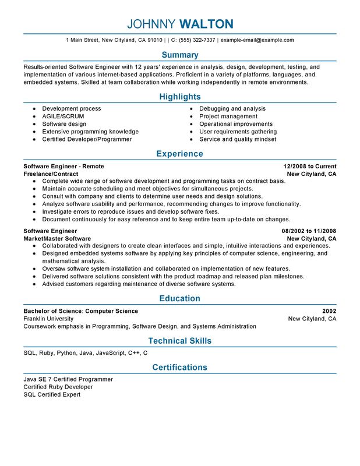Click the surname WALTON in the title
click(x=206, y=24)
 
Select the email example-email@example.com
click(x=257, y=40)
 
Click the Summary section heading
click(x=180, y=55)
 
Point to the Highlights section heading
click(x=180, y=97)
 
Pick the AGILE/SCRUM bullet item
click(x=63, y=116)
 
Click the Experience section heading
click(x=180, y=154)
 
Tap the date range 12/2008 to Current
click(x=310, y=167)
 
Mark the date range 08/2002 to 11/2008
click(x=309, y=231)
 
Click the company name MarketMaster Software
click(x=57, y=239)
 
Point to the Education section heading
click(x=180, y=299)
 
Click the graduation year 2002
click(x=329, y=311)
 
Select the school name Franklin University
click(x=48, y=319)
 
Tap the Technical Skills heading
click(x=180, y=341)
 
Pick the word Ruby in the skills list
click(x=47, y=353)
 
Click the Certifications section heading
click(x=180, y=368)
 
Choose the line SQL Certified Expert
click(x=52, y=395)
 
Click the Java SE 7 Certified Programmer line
click(x=68, y=379)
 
